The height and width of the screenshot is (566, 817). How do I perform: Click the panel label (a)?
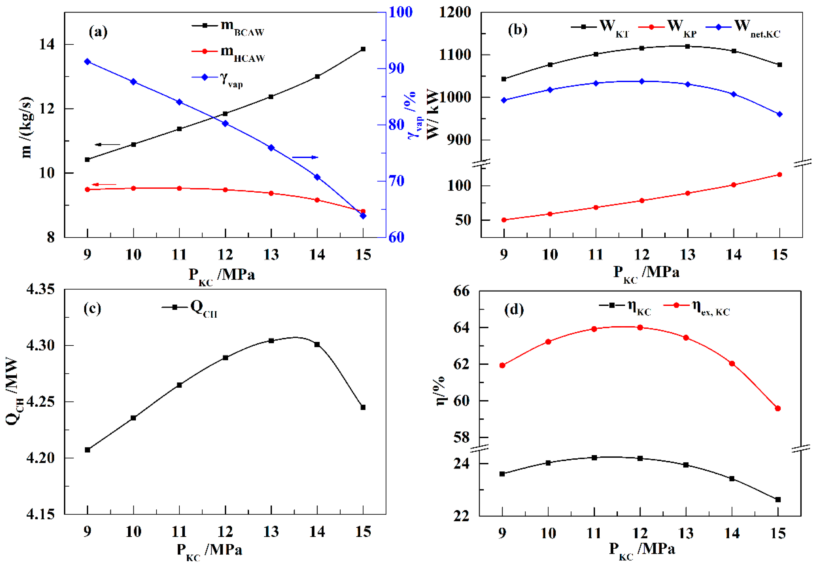[98, 32]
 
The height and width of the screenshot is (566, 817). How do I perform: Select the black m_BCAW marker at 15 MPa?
[363, 49]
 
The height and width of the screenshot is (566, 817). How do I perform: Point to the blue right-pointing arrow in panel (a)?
[305, 157]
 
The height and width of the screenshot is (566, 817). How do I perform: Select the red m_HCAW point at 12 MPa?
[225, 190]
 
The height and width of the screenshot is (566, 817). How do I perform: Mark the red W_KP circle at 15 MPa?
[779, 175]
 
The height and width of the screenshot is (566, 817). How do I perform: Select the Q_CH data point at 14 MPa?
[317, 344]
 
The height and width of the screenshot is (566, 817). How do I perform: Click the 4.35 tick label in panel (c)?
[41, 289]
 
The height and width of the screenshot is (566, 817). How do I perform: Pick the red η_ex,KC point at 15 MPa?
[778, 409]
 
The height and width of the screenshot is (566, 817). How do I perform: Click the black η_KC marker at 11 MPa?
[594, 458]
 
